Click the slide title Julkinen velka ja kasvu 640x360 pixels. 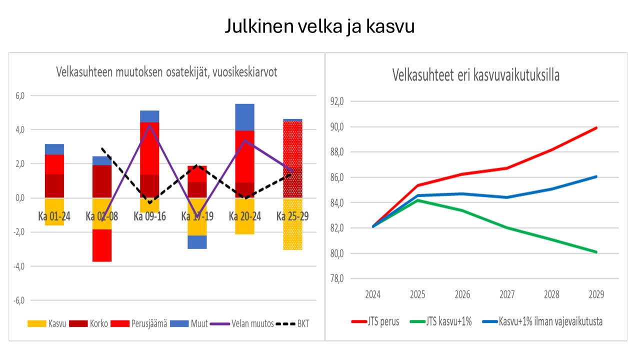pos(319,26)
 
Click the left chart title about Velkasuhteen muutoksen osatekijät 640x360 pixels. pos(166,72)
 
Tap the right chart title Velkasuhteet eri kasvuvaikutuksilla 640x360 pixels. pos(475,75)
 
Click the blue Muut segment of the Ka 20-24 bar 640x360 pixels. pos(244,117)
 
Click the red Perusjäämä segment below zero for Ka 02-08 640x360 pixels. pos(101,245)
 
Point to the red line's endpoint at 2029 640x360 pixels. pos(596,127)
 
